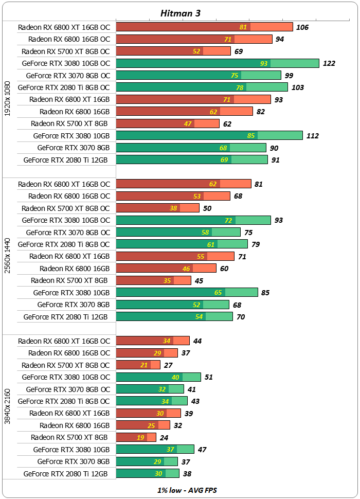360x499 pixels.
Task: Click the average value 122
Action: point(329,63)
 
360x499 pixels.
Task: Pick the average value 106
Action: point(302,27)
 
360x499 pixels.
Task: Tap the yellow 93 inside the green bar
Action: point(264,63)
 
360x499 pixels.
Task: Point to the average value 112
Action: point(312,136)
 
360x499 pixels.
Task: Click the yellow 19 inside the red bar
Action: point(141,437)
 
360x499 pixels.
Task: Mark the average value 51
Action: point(209,377)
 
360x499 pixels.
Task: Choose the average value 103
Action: point(297,87)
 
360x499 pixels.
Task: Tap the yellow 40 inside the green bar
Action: point(175,377)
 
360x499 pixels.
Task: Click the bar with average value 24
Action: point(136,437)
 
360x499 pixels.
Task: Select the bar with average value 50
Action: point(157,208)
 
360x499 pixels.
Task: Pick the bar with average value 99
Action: point(199,75)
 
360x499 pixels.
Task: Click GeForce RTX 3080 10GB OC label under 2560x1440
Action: point(66,220)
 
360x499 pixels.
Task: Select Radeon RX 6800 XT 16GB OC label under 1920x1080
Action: point(64,27)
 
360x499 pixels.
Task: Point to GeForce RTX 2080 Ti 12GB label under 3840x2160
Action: point(65,473)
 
